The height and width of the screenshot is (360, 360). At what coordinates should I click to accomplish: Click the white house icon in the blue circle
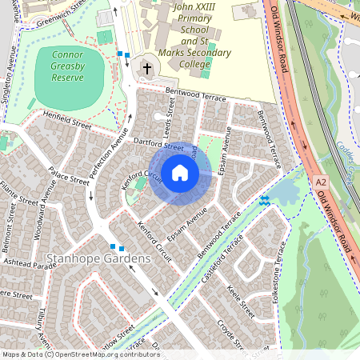(180, 173)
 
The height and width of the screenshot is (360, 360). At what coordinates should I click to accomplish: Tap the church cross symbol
(146, 70)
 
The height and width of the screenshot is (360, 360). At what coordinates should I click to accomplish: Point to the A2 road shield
(321, 183)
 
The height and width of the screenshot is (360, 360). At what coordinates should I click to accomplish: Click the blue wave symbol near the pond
(264, 199)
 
